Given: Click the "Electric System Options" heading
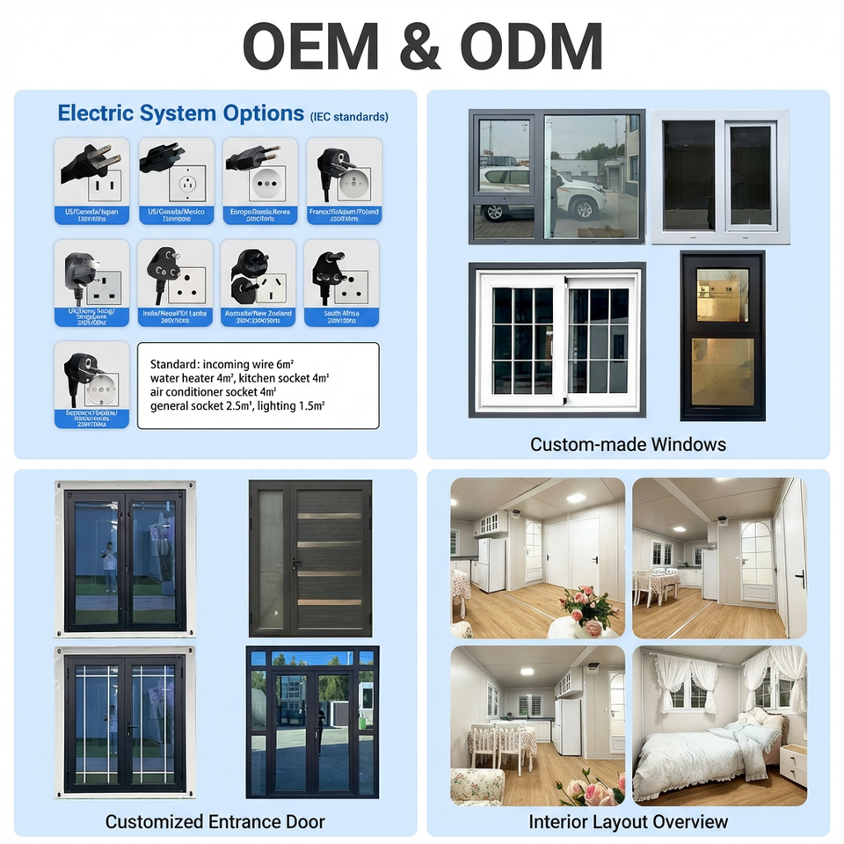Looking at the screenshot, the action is pos(180,113).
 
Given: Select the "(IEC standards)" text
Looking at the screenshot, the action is pos(349,116).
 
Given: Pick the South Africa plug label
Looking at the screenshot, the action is pos(341,316).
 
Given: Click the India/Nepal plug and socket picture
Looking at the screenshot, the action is pos(175,273).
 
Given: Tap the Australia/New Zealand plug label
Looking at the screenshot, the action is pos(258,316).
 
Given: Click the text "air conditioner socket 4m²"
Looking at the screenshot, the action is pos(214,391).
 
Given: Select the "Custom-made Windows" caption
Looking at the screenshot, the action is pos(628,444).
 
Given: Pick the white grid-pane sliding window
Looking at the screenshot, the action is pos(557,339).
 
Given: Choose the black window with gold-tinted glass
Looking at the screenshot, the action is pos(722,335).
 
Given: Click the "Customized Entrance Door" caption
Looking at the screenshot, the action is pos(215,822).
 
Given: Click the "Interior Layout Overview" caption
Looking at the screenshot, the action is pos(628,822).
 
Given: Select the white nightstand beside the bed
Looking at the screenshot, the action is pos(793,764).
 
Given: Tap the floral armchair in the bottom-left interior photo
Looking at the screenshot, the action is pos(477,786).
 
